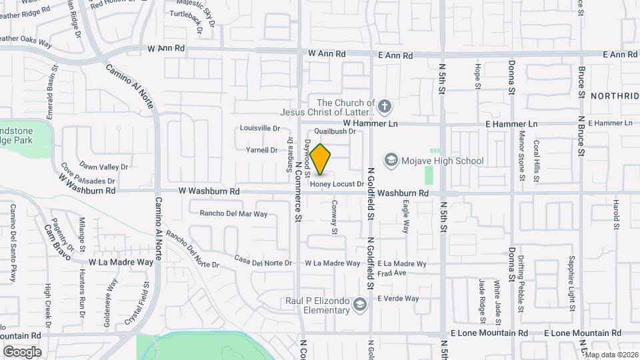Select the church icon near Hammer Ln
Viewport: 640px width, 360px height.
(384, 105)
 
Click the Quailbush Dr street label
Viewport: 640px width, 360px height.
(336, 132)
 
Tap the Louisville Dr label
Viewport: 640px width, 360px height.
(259, 128)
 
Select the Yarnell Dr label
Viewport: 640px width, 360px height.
(262, 150)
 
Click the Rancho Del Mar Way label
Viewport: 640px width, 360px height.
(233, 214)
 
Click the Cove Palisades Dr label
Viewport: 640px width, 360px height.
(88, 174)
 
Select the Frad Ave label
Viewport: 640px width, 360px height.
(392, 273)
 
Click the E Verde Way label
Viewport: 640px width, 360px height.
(398, 299)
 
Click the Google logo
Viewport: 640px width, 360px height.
(22, 351)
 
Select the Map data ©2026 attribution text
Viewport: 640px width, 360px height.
(612, 355)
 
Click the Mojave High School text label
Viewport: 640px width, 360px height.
(443, 161)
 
